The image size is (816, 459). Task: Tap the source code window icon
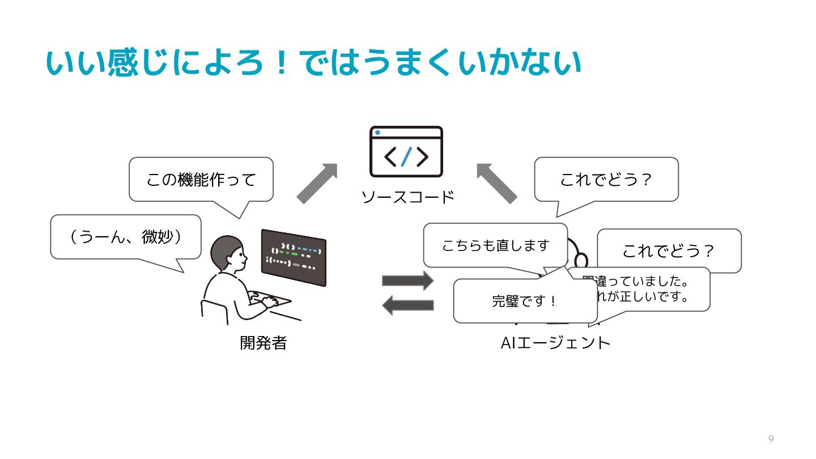point(406,151)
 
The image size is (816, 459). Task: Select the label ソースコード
point(408,197)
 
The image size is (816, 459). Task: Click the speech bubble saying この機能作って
point(201,180)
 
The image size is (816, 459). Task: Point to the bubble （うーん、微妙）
point(126,237)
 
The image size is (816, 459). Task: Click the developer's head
point(228,254)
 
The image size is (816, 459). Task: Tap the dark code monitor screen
point(294,257)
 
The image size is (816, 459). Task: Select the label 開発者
point(263,343)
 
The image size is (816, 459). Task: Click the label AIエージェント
point(555,343)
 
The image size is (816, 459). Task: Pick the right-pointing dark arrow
point(407,280)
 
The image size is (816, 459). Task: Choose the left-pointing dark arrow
point(407,305)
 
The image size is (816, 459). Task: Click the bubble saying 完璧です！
point(525,301)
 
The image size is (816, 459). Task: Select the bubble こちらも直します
point(495,245)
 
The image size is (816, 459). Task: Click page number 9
point(771,439)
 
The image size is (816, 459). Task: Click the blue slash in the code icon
point(406,156)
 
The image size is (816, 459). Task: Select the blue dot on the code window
point(377,133)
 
